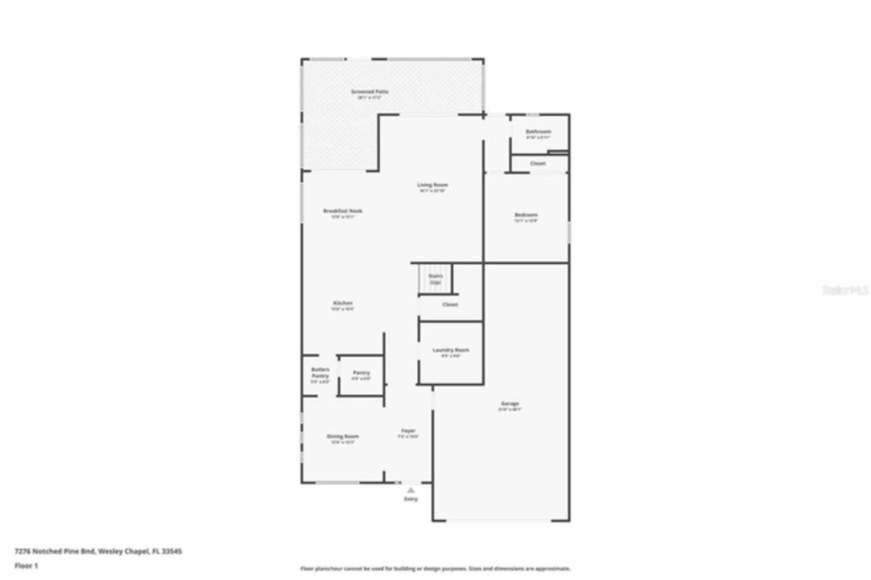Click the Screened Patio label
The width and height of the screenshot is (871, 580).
369,92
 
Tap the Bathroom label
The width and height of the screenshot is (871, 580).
538,131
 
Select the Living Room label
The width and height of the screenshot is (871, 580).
432,185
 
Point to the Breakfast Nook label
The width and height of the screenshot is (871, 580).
342,211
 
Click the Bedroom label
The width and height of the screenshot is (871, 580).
525,215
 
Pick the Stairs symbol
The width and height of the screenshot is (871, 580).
435,278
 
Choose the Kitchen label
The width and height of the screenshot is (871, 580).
342,303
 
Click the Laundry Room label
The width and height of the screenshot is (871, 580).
450,351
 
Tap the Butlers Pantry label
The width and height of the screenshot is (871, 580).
320,373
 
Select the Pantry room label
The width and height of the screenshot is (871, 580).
361,373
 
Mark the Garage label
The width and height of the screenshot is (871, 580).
510,404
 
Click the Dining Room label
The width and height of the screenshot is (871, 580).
342,436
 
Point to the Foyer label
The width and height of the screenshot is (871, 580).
408,431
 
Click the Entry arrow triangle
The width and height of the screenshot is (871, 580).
410,489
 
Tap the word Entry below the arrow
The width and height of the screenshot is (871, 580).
410,499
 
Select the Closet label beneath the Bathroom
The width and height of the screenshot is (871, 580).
538,163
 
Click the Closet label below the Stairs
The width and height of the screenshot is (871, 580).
450,305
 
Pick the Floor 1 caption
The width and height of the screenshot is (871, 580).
27,566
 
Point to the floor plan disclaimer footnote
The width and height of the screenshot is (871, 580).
435,568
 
